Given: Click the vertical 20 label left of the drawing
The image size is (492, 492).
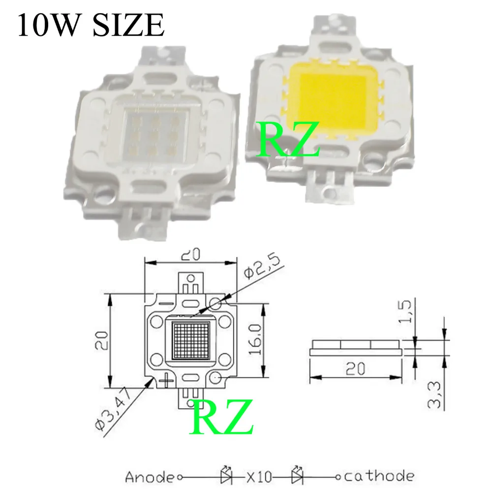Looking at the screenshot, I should point(102,340).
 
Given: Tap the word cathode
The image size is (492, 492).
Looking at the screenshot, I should point(378,476).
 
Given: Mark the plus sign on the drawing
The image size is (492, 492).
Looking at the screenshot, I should point(167,379).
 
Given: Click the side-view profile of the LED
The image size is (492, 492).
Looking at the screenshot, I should point(355,346).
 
